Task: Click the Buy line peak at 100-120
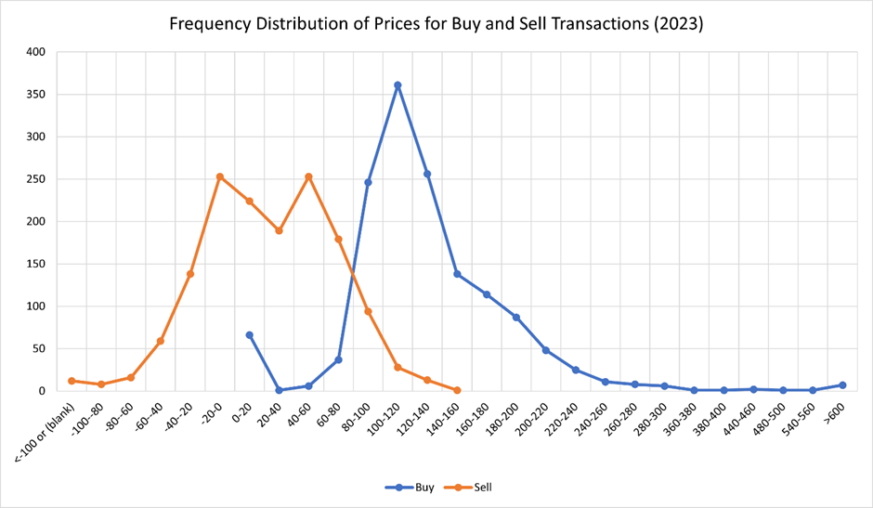[x=397, y=85]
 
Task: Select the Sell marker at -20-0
[x=219, y=176]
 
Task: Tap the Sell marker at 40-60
[x=308, y=176]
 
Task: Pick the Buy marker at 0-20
[x=249, y=335]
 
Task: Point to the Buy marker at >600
[x=842, y=384]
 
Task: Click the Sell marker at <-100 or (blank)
[x=72, y=381]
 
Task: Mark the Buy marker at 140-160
[x=457, y=274]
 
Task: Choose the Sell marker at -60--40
[x=160, y=341]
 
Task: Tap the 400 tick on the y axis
[x=36, y=52]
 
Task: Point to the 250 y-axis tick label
[x=36, y=179]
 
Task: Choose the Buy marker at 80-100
[x=368, y=182]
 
